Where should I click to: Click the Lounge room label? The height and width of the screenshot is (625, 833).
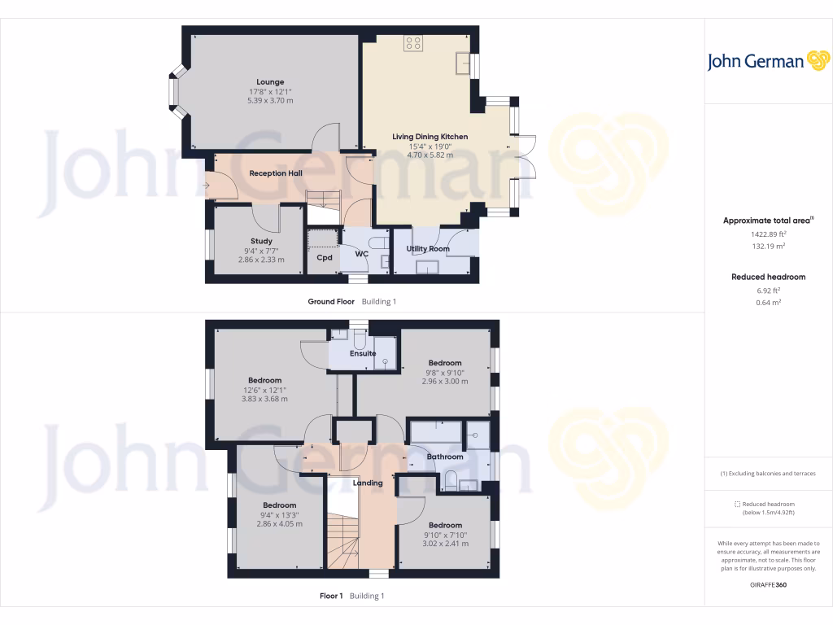coord(270,82)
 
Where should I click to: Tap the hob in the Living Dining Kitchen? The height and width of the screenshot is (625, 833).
coord(412,43)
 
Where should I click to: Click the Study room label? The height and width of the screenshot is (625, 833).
coord(261,241)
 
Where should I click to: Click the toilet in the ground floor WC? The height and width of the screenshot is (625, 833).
coord(377,243)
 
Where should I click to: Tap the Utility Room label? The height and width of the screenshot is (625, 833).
coord(428,249)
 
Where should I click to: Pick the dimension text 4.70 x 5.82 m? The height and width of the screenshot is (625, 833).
coord(430,155)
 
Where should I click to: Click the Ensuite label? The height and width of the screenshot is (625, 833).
coord(363,354)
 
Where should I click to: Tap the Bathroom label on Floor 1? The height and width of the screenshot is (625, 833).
coord(445,457)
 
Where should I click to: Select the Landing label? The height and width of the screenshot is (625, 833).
coord(368,483)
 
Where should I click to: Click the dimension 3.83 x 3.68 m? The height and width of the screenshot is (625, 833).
coord(264,399)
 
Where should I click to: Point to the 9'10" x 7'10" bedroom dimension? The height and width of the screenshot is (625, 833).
coord(445,535)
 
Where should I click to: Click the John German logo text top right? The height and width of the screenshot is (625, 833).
coord(756,62)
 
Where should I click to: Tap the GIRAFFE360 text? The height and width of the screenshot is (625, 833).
coord(768,584)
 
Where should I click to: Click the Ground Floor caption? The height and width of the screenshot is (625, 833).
coord(331,302)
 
